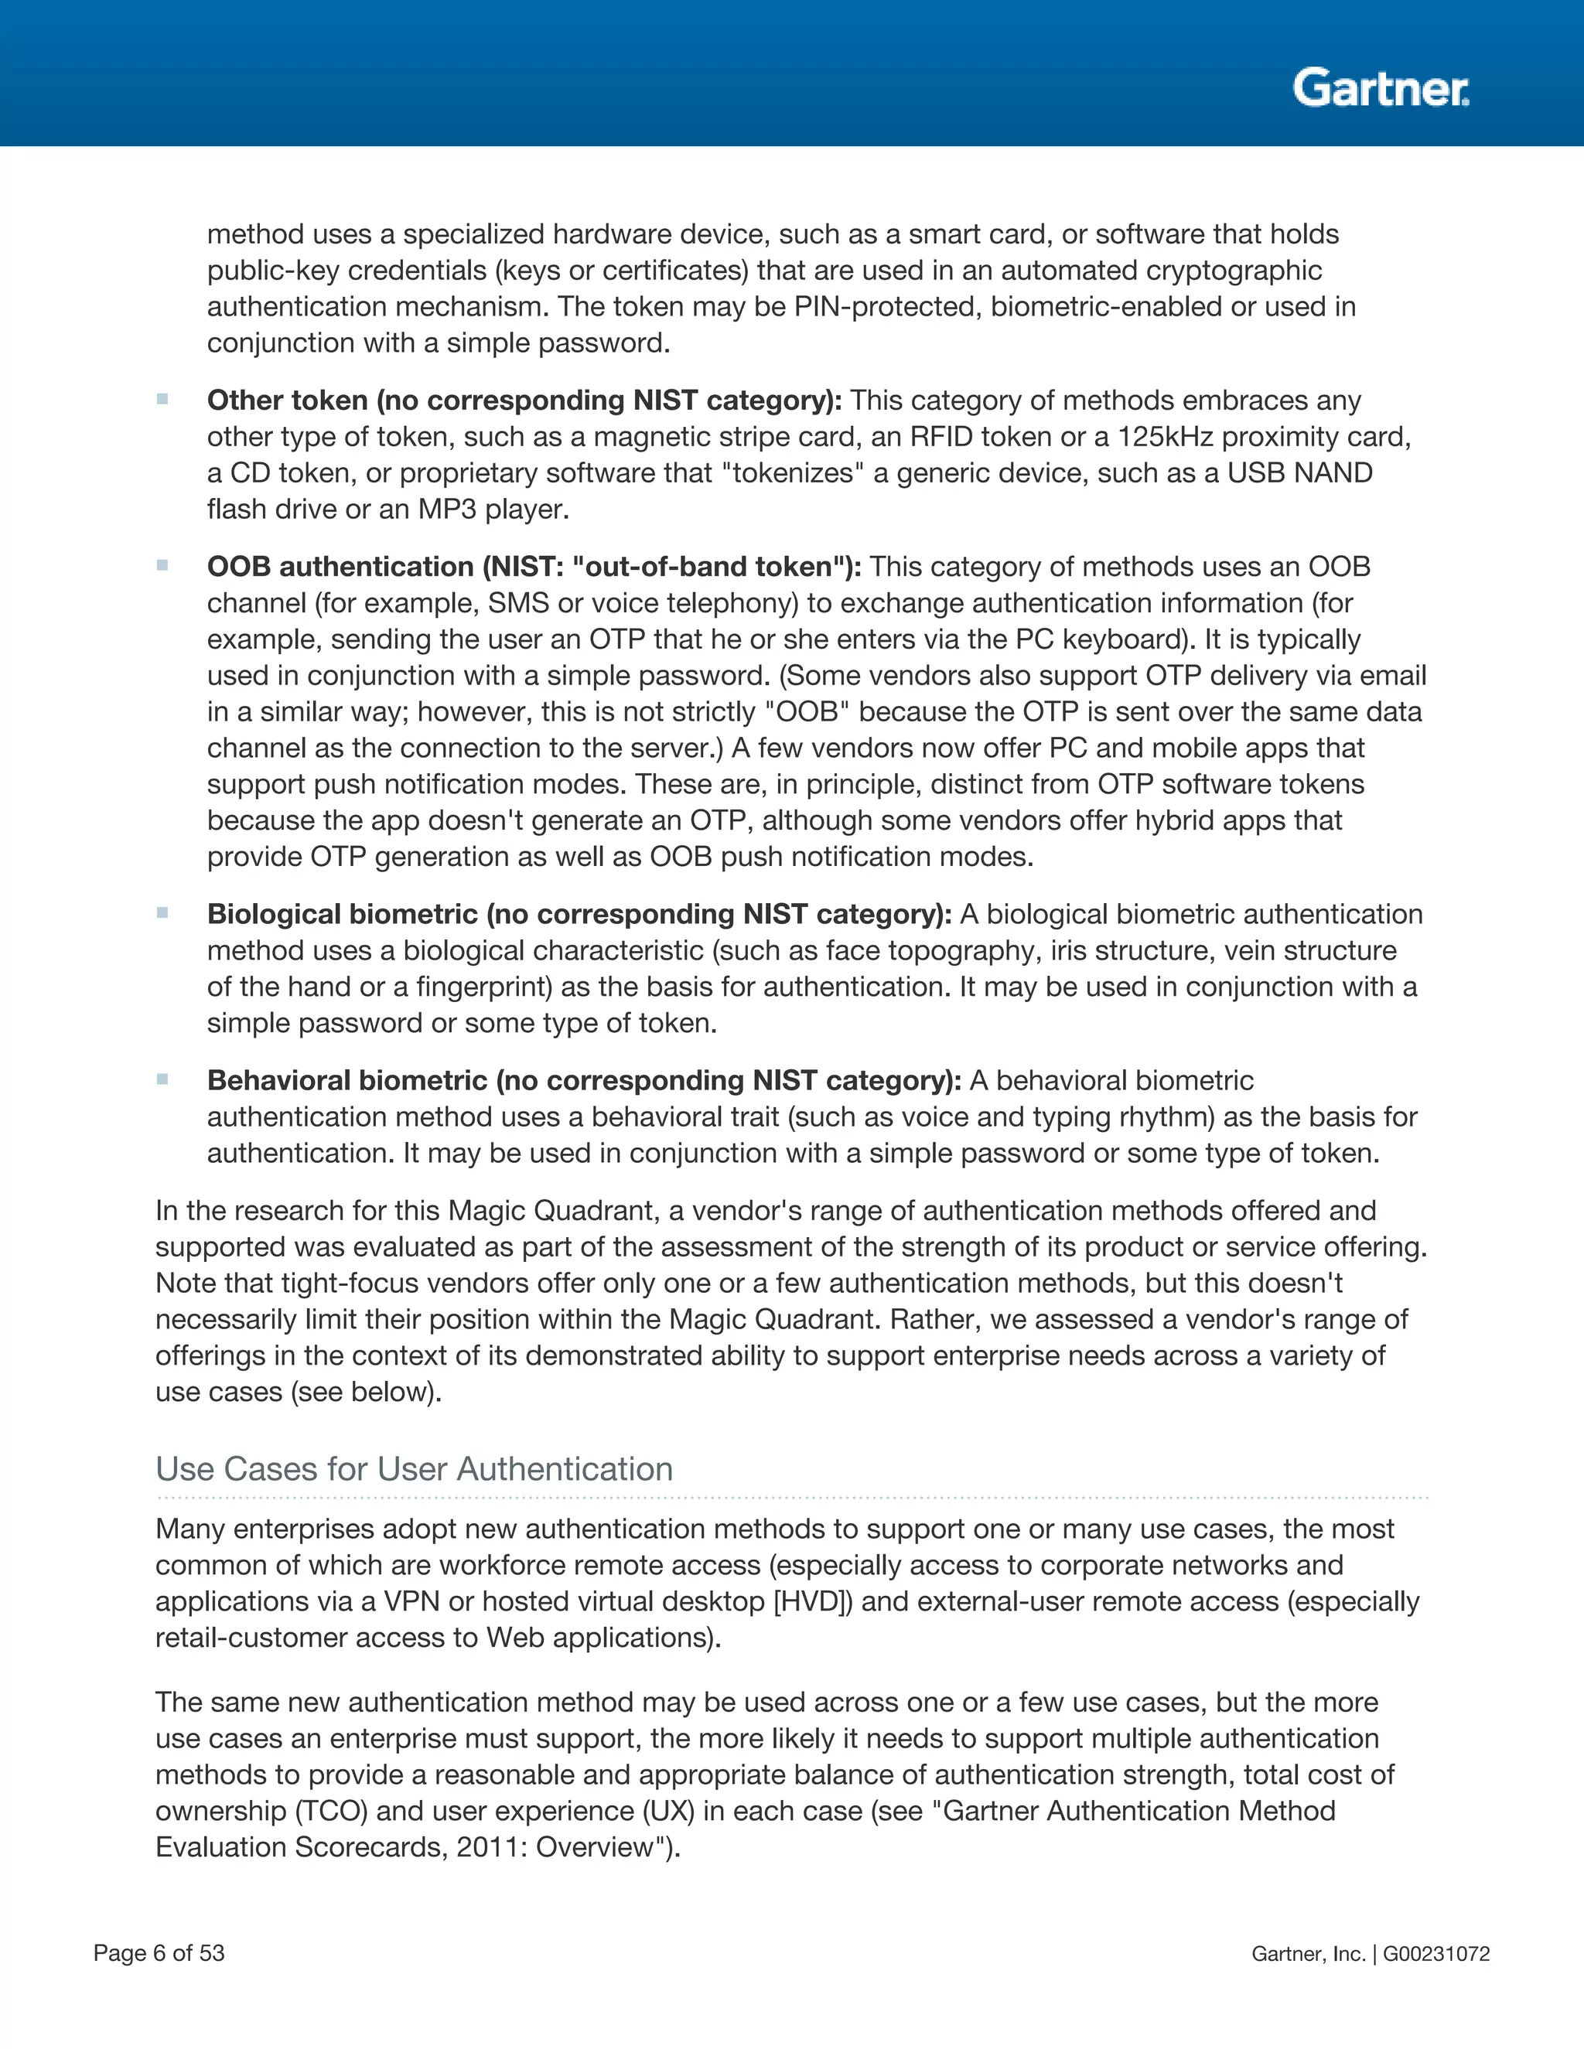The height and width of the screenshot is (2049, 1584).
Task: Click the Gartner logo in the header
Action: (x=1380, y=88)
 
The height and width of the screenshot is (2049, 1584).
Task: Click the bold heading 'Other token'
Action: (x=287, y=401)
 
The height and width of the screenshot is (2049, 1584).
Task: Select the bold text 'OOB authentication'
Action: (x=340, y=567)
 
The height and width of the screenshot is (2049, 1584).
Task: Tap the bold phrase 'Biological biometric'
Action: (x=343, y=914)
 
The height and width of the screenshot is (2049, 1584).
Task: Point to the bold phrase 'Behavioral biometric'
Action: (x=347, y=1080)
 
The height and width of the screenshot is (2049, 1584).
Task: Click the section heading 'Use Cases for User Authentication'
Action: (x=414, y=1468)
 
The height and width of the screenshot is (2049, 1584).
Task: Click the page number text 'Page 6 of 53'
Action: (x=159, y=1952)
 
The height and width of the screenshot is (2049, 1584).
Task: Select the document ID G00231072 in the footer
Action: (x=1435, y=1953)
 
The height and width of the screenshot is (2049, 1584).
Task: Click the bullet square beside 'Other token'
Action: (x=162, y=399)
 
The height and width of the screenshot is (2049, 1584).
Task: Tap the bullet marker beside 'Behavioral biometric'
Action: (x=162, y=1079)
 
